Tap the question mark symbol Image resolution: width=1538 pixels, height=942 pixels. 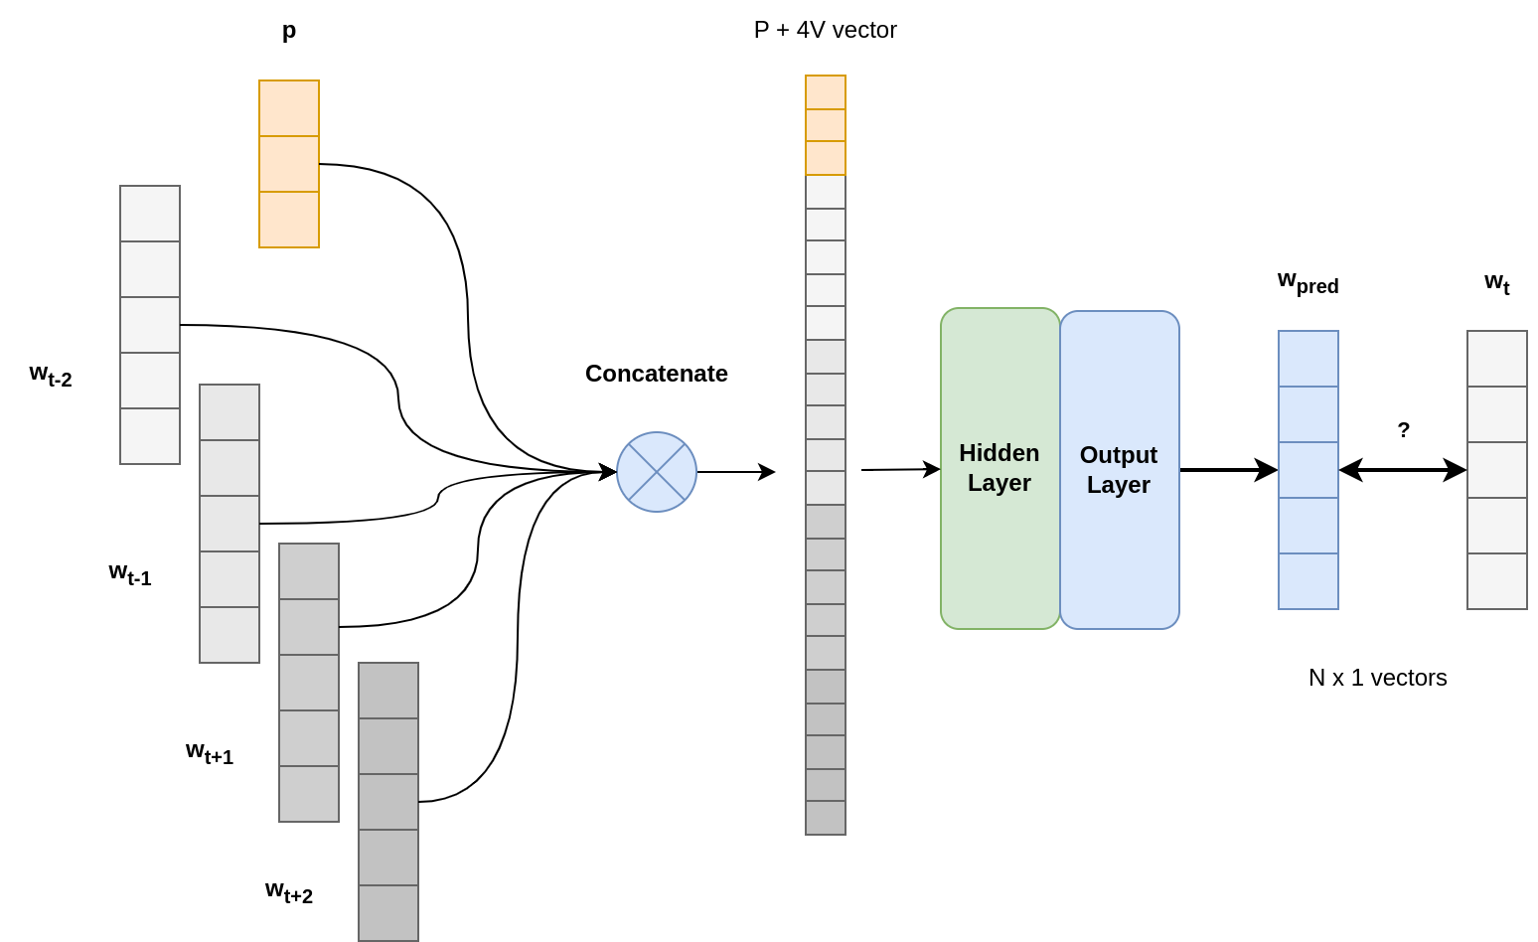pos(1404,430)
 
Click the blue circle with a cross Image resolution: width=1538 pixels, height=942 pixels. pos(657,472)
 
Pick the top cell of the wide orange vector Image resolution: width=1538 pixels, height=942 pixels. pos(289,108)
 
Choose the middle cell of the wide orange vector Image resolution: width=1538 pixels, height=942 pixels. pos(289,164)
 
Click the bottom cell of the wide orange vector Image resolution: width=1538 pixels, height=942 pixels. pos(289,220)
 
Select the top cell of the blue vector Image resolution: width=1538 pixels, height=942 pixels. pos(1308,359)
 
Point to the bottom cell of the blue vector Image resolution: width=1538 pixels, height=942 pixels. pos(1308,581)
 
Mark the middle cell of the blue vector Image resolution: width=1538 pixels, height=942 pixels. pos(1308,470)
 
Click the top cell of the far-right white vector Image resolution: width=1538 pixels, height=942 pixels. pos(1497,359)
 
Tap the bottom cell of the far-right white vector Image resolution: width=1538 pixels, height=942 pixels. pos(1497,581)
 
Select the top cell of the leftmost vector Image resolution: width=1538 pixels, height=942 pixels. pos(150,214)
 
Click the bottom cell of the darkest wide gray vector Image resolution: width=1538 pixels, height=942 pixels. pos(388,912)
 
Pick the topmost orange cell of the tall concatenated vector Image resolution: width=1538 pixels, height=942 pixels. pos(826,92)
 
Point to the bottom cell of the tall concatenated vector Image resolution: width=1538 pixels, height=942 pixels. pos(826,818)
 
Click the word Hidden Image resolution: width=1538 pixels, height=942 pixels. pos(999,453)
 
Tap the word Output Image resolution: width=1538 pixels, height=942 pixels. pos(1118,455)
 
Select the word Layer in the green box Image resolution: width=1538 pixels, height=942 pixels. pos(999,483)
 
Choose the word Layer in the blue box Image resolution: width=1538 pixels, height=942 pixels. pos(1118,485)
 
